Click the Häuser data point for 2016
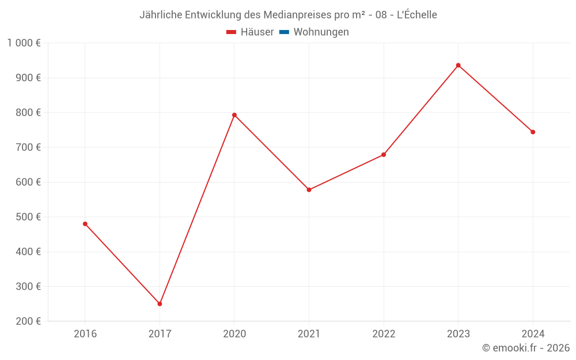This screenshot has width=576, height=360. (85, 224)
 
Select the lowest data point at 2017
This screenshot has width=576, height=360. (160, 304)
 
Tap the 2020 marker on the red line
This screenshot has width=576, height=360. (234, 115)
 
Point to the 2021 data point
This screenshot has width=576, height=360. (309, 190)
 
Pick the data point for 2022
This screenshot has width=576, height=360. (384, 155)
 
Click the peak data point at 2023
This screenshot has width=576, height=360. (458, 65)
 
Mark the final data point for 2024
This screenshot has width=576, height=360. (533, 132)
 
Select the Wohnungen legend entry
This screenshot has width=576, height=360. (321, 32)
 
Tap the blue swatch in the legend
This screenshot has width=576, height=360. (284, 32)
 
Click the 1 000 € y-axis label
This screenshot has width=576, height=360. (24, 43)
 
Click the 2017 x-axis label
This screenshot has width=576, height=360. (160, 334)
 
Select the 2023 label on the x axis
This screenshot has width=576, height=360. (458, 334)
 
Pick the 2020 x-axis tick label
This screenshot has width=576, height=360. (234, 334)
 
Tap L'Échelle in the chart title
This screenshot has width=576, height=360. (417, 15)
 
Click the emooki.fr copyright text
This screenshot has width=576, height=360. (526, 348)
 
